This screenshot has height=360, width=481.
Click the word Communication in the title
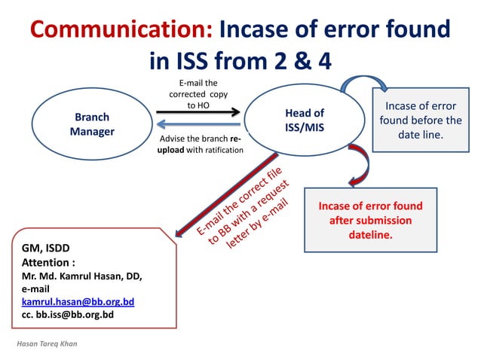point(121,30)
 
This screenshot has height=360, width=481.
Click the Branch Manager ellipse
point(92,124)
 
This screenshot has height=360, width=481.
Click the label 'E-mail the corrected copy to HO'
point(198,94)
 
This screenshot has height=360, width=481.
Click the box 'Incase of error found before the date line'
point(420,120)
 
